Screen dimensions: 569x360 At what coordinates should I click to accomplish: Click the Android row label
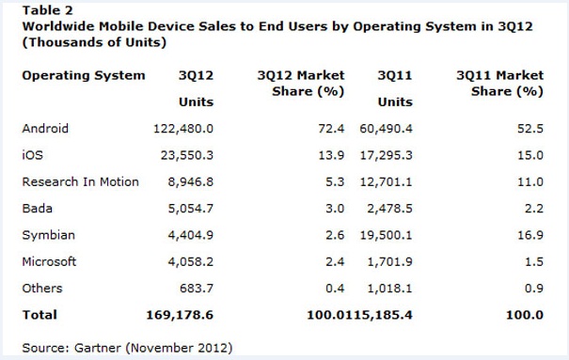(45, 129)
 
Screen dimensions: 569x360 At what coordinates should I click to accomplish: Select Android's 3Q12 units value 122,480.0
(183, 129)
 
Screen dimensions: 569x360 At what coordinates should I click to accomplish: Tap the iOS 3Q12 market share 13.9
(331, 155)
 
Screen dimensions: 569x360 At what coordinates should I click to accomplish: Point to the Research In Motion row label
(81, 181)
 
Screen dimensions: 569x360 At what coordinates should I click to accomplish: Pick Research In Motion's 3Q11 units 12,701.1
(387, 182)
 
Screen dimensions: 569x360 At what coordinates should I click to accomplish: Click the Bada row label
(38, 209)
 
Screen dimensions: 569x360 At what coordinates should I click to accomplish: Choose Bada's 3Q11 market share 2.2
(534, 209)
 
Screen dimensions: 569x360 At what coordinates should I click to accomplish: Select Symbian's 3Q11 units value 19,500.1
(387, 235)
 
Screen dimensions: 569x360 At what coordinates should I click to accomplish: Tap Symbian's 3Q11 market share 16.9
(530, 235)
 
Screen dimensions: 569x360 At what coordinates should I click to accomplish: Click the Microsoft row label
(49, 261)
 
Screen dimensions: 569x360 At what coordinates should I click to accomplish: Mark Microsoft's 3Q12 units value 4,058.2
(191, 261)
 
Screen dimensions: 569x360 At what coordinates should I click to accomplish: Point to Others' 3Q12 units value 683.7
(197, 289)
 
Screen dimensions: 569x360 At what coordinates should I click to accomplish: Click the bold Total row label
(40, 315)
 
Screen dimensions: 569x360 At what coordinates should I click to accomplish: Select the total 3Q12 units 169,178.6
(180, 315)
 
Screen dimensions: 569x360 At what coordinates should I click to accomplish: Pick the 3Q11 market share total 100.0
(525, 315)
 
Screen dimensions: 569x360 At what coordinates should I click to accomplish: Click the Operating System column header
(84, 76)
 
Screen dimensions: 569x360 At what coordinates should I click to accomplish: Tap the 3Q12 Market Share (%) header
(301, 84)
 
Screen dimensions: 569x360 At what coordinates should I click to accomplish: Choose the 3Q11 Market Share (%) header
(500, 84)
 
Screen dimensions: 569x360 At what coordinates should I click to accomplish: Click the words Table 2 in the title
(48, 10)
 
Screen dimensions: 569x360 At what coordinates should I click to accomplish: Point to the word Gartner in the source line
(97, 348)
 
